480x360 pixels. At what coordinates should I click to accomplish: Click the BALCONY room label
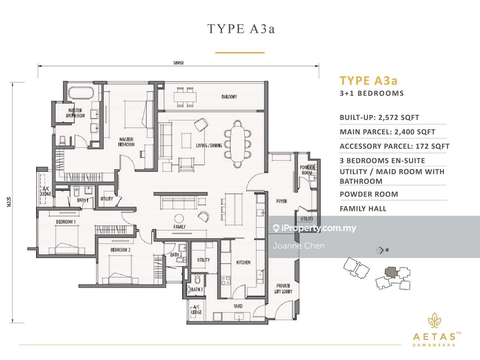click(229, 97)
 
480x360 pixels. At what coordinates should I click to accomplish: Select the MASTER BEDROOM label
click(126, 142)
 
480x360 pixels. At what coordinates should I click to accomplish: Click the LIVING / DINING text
click(209, 145)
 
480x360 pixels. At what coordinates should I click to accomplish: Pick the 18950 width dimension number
click(178, 63)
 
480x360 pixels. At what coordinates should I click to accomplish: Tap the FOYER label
click(281, 201)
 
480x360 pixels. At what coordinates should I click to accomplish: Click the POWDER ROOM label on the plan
click(307, 170)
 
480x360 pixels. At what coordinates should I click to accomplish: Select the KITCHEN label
click(243, 262)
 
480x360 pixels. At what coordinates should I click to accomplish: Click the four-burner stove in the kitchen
click(226, 281)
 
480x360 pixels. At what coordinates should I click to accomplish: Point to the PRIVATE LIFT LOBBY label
click(283, 289)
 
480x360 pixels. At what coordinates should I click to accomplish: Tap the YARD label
click(238, 306)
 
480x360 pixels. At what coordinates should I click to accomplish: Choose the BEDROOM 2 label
click(120, 250)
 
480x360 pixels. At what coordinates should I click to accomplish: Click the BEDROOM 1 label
click(66, 222)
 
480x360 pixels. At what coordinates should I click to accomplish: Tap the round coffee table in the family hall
click(179, 218)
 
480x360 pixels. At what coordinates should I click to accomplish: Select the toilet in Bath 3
click(197, 278)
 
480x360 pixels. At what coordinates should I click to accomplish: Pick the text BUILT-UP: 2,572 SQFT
click(379, 118)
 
